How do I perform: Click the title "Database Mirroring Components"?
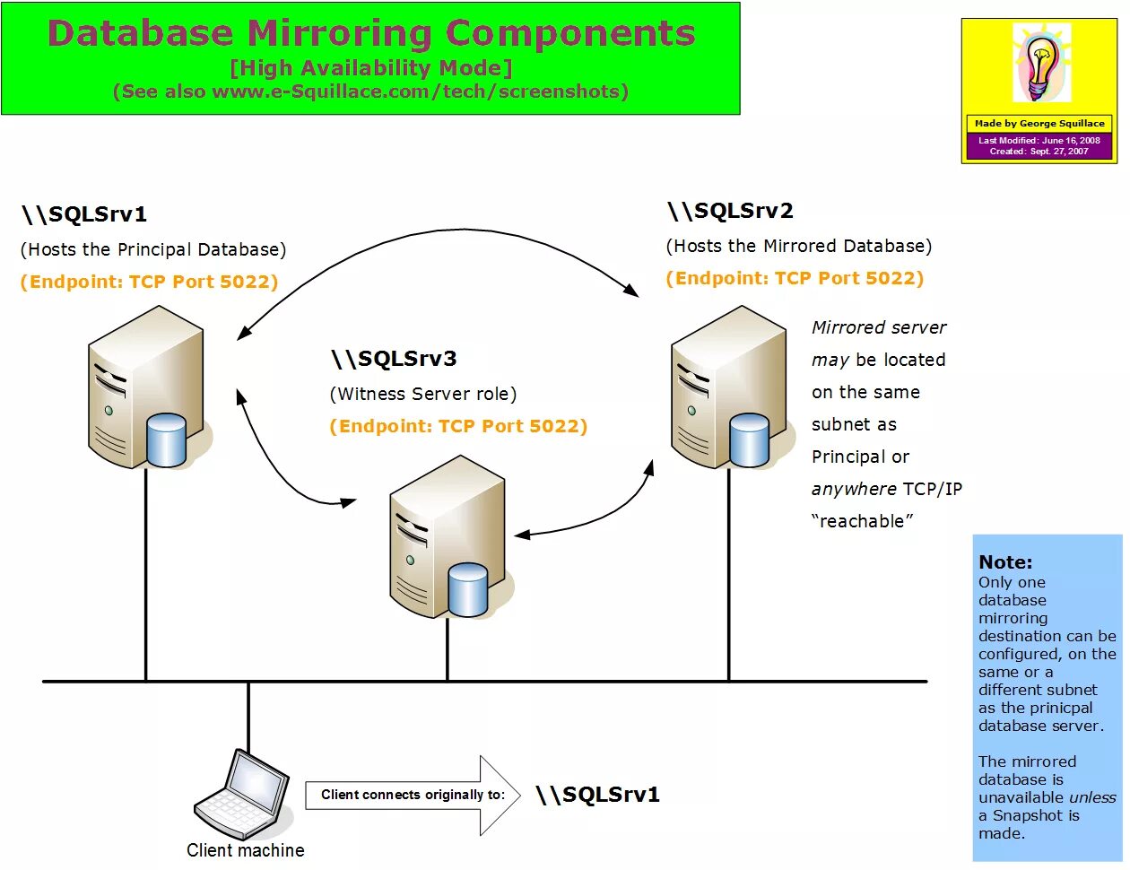[371, 33]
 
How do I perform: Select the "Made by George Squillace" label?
[1039, 124]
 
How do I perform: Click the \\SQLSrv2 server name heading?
[730, 211]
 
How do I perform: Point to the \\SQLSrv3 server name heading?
[394, 359]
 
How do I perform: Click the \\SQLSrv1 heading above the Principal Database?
[84, 214]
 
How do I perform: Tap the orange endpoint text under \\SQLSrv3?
[458, 426]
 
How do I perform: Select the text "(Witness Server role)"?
[423, 394]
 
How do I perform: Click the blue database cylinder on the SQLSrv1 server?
[166, 439]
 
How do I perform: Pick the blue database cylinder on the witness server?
[467, 589]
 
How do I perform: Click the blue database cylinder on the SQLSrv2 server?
[749, 439]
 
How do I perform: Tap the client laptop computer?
[242, 794]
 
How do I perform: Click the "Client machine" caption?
[245, 850]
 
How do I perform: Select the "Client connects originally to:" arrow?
[413, 795]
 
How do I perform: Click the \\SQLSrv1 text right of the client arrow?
[597, 795]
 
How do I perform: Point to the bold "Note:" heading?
[1005, 562]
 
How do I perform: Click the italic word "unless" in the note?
[1092, 797]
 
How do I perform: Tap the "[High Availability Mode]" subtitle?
[371, 68]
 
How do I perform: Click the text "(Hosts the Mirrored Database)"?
[799, 246]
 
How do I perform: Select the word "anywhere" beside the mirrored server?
[854, 489]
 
